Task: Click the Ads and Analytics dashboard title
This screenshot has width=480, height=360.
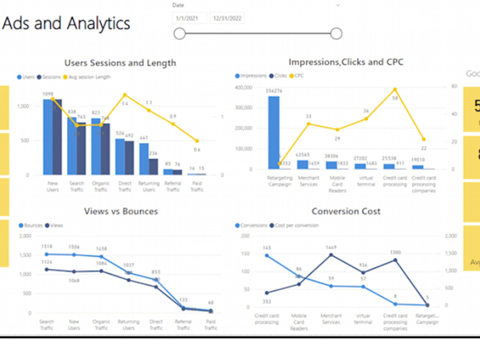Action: click(x=66, y=23)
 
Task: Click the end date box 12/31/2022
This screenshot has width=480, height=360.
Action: click(x=228, y=19)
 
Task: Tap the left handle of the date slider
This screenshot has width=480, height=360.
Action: click(x=180, y=34)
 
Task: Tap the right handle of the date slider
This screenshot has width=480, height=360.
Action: click(x=336, y=34)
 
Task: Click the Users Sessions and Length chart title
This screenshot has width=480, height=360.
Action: click(x=120, y=63)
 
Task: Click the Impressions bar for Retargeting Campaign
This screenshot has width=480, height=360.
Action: click(x=274, y=132)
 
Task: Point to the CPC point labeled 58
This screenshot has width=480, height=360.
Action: click(x=395, y=89)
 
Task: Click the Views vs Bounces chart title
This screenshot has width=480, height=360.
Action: click(x=120, y=211)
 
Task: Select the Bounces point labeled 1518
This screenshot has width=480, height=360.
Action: click(x=47, y=254)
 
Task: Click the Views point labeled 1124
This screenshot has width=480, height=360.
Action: click(x=47, y=269)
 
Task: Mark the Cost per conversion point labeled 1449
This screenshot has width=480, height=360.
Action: click(x=330, y=255)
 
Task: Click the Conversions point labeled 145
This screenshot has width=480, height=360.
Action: click(x=267, y=255)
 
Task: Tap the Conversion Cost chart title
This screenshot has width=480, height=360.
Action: click(x=346, y=211)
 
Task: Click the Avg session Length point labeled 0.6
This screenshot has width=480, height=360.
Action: click(x=197, y=141)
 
